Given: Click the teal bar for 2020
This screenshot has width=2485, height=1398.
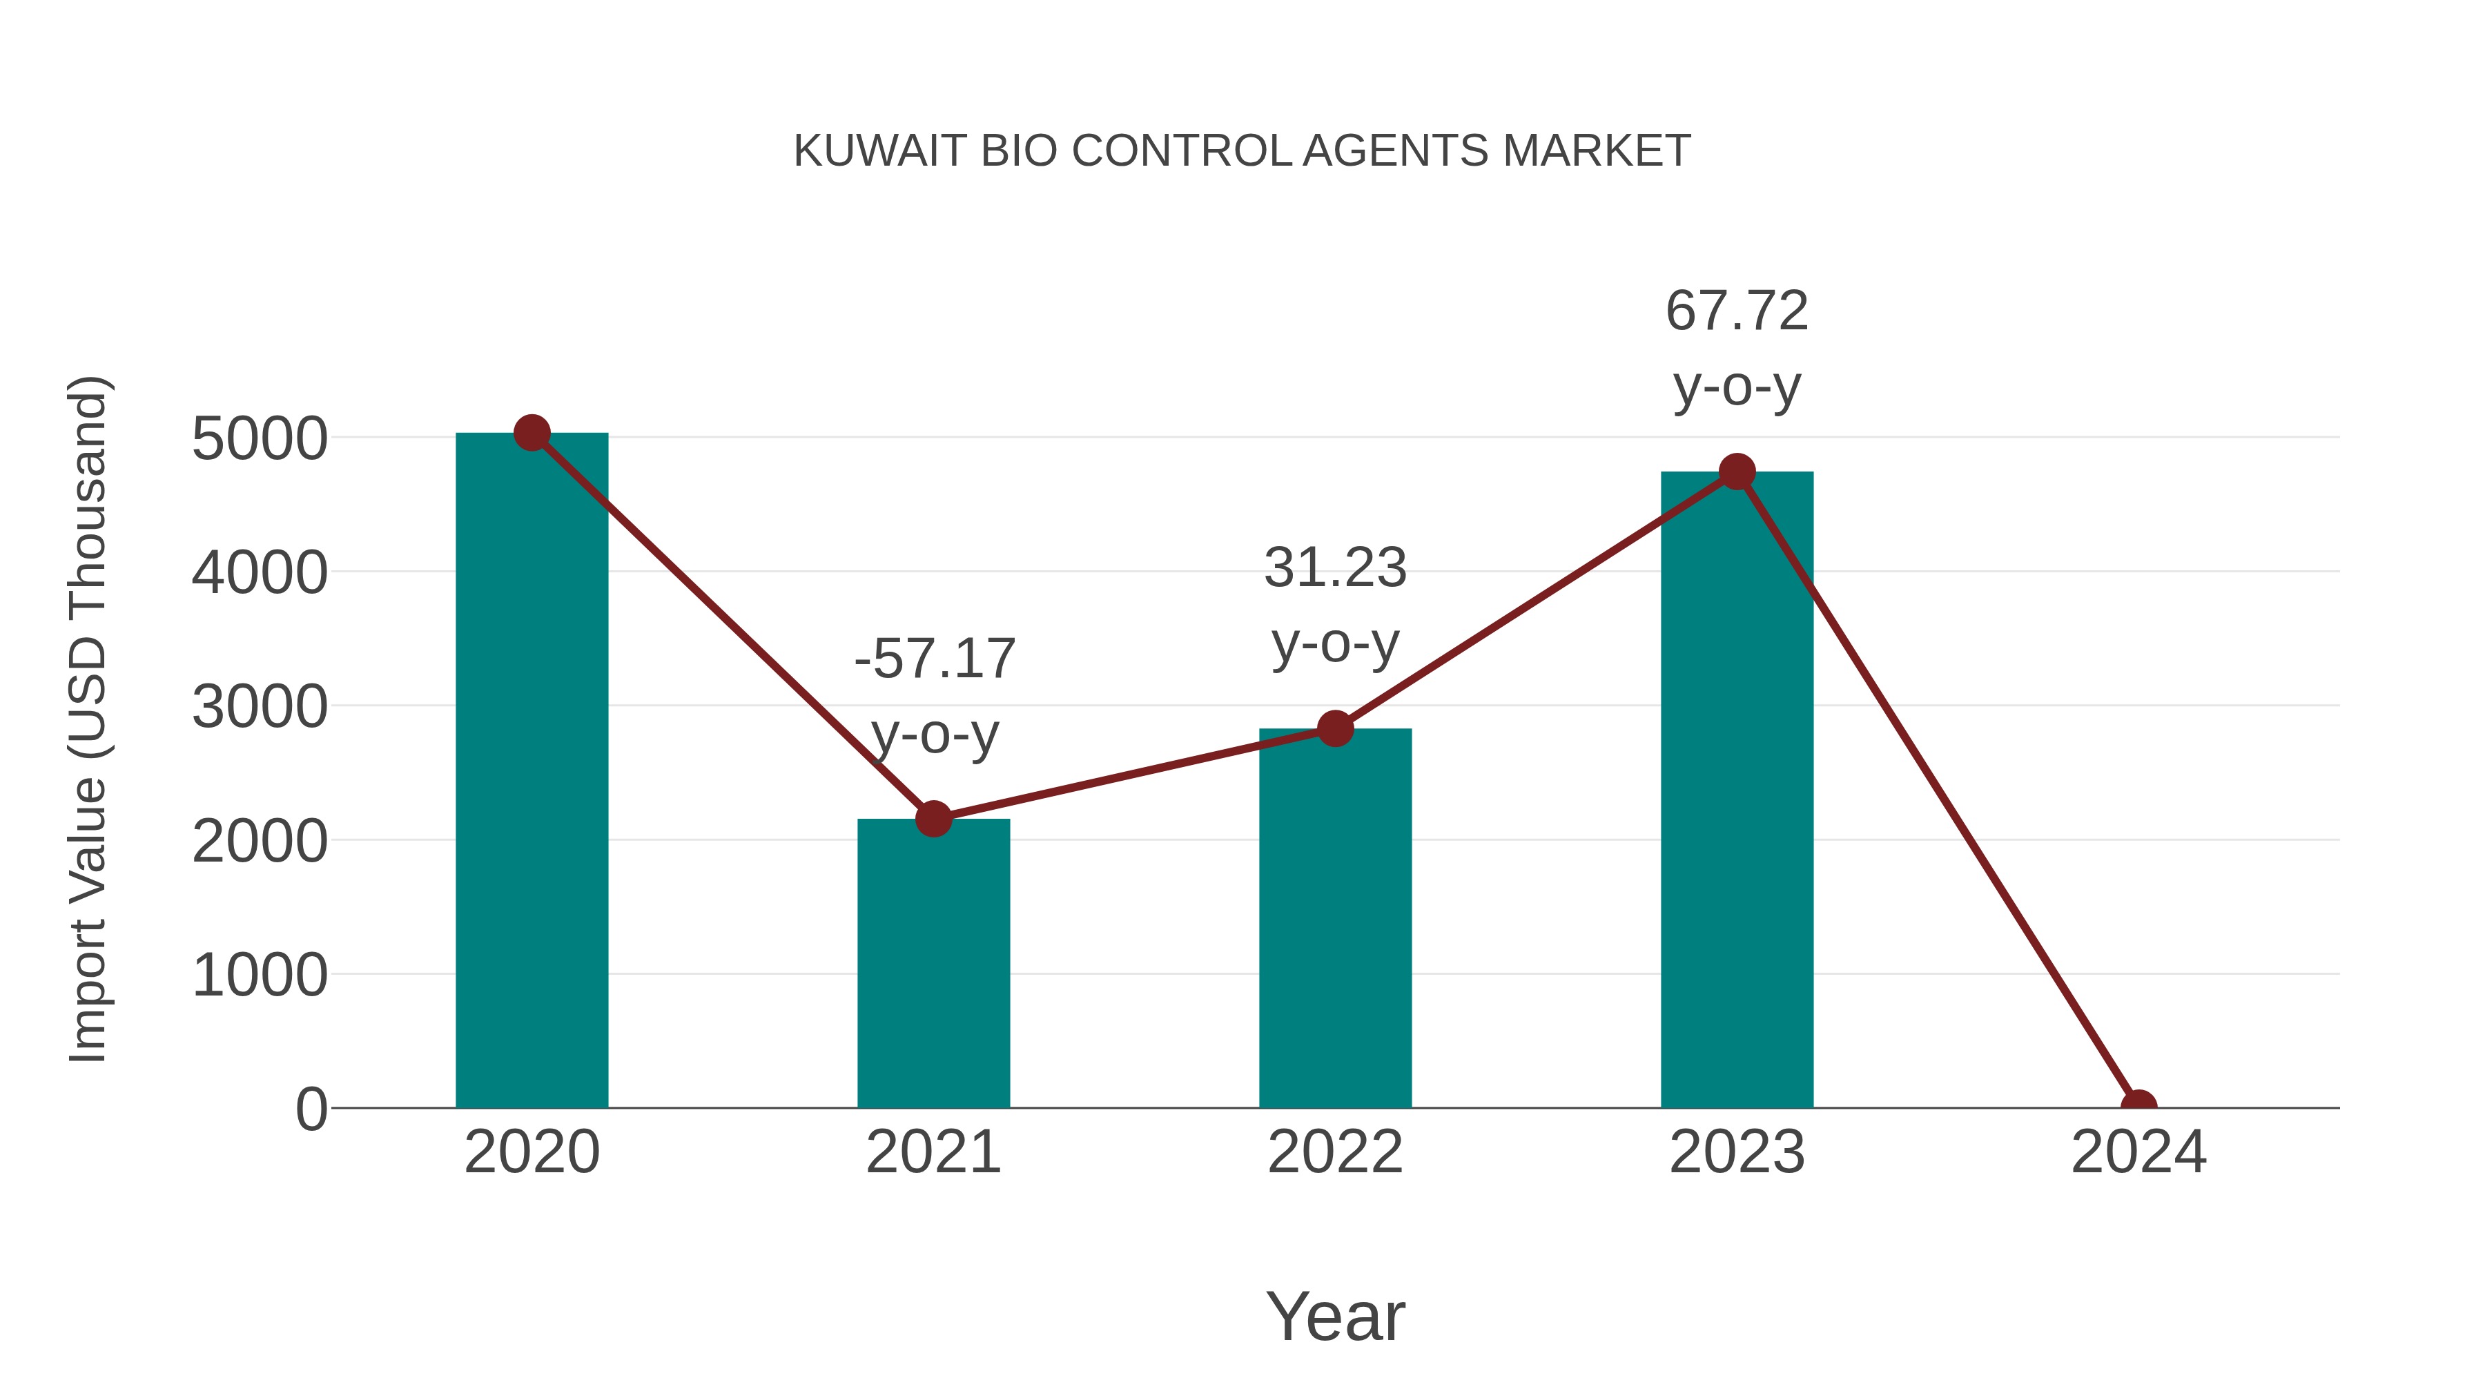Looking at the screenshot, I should pos(532,772).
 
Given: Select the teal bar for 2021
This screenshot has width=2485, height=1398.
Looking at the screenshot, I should pos(933,965).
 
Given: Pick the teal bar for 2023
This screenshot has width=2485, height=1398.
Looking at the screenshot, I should pos(1737,791).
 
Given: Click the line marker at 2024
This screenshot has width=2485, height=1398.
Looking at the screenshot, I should pos(2138,1106).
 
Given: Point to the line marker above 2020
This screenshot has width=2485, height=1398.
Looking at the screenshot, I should pos(532,433).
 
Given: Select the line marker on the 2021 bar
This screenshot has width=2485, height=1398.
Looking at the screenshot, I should pos(933,819).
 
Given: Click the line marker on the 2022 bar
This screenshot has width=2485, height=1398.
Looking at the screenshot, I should pos(1335,728).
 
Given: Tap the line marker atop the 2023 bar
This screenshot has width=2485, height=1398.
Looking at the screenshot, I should pos(1737,472).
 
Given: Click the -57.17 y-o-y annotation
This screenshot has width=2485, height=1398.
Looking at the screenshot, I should pos(935,696).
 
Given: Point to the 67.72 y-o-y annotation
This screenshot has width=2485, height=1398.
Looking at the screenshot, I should pos(1737,349).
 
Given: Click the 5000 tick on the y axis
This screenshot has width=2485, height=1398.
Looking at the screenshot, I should pos(259,439).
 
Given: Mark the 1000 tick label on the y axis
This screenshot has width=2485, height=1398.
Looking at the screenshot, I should pos(259,975).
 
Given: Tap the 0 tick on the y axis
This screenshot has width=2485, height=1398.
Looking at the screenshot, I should pos(311,1109).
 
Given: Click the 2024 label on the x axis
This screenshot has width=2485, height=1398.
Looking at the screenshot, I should pos(2138,1152).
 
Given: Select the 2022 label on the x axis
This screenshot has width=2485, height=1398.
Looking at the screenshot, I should pos(1335,1152).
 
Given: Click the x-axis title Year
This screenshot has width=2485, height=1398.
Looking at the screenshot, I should pos(1335,1316).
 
